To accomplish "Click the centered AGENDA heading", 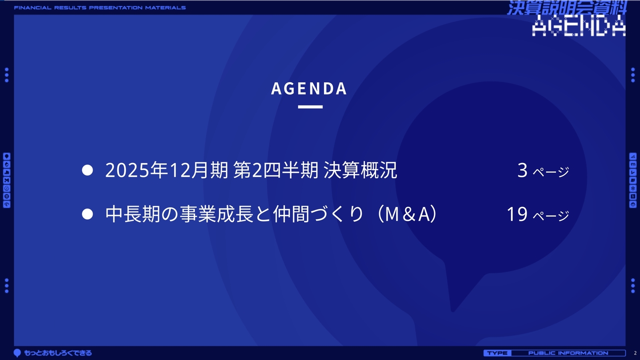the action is (309, 88).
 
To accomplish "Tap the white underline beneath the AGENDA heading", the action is (310, 107).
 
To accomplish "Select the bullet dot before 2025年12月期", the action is (87, 170).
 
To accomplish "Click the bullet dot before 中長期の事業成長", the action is (87, 214).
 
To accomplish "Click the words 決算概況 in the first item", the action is (360, 170).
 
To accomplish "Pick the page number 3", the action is (522, 170).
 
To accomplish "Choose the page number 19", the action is (517, 214).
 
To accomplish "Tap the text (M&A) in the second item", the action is (407, 214).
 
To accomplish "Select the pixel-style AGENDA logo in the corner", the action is (578, 25).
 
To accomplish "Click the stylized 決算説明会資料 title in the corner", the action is (567, 7).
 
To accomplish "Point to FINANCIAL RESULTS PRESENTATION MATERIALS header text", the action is (100, 7).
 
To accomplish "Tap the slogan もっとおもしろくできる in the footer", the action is (58, 353).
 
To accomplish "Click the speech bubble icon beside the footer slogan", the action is (17, 353).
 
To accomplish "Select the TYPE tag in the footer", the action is (497, 353).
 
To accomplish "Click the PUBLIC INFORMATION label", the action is (568, 353).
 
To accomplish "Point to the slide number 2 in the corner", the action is (635, 353).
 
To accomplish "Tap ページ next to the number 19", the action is (551, 215).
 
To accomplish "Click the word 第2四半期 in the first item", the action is (275, 170).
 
